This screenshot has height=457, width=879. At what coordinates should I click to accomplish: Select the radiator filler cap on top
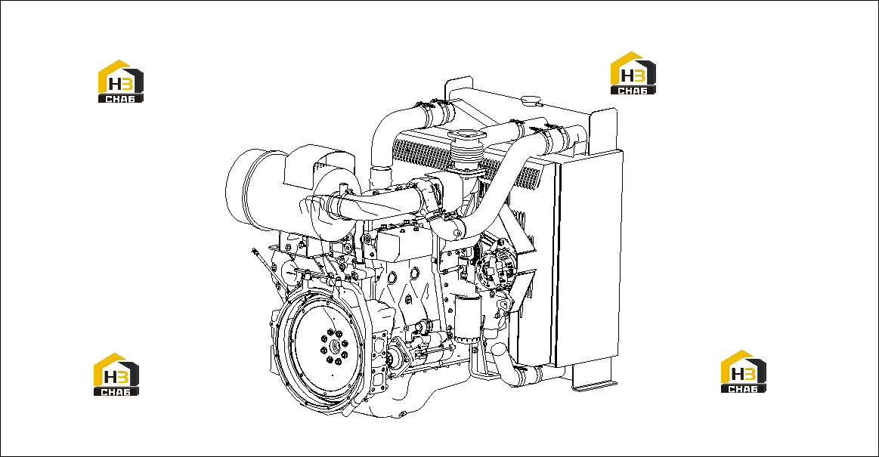point(530,100)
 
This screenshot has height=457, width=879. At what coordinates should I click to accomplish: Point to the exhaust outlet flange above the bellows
point(466,135)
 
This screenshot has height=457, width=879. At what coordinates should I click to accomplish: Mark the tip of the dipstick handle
point(253,250)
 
